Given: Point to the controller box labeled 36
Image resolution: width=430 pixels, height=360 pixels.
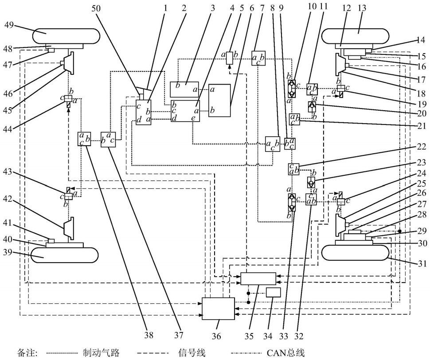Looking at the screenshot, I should (218, 308).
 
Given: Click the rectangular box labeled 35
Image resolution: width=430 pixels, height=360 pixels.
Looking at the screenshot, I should (258, 278).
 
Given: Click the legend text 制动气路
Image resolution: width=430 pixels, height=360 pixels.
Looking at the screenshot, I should (100, 352).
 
